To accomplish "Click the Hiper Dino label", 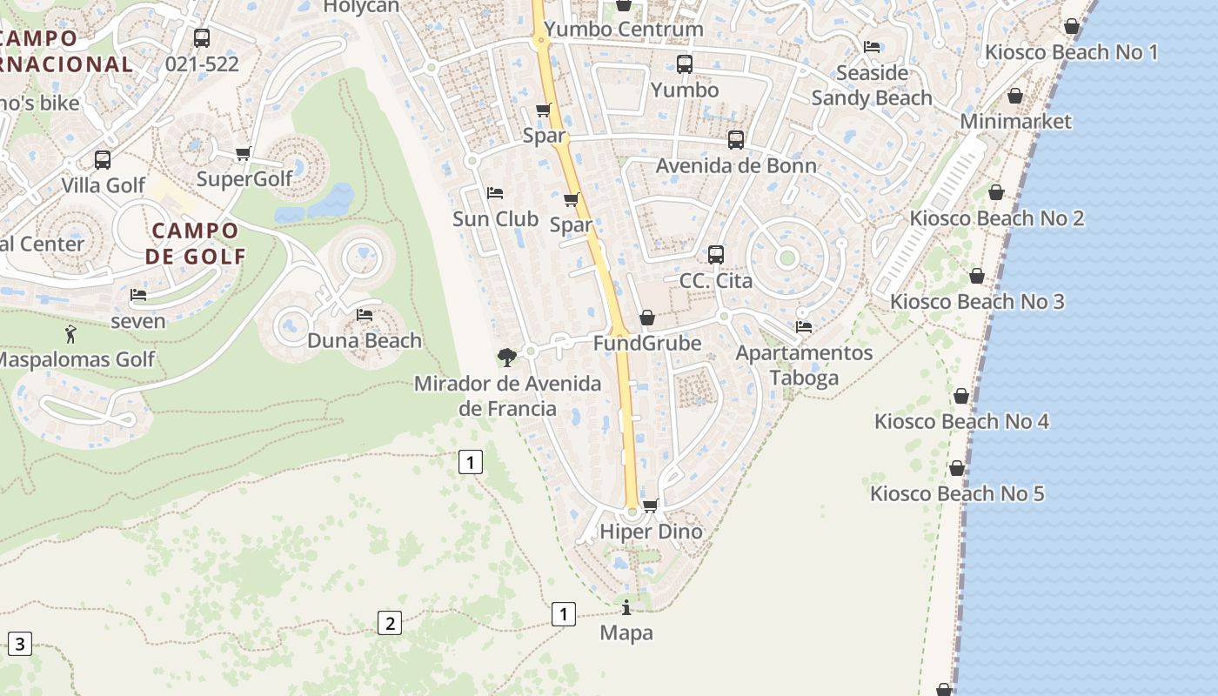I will click(x=651, y=532).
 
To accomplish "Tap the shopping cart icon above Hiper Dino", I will click(x=650, y=505).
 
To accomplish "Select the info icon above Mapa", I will click(x=626, y=607).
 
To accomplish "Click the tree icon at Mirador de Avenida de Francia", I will click(x=506, y=356).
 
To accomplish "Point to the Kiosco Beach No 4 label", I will click(x=961, y=422).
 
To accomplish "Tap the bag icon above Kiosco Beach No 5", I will click(x=957, y=469).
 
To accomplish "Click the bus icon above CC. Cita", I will click(x=715, y=254).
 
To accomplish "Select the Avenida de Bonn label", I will click(x=736, y=166).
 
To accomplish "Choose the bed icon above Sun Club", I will click(x=495, y=192).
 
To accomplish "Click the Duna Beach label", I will click(x=365, y=341).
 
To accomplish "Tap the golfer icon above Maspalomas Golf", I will click(x=70, y=333).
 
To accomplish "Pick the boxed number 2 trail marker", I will click(x=390, y=623).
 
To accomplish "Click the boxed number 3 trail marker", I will click(x=19, y=645).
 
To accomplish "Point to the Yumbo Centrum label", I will click(x=624, y=29).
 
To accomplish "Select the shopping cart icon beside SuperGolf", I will click(x=243, y=154).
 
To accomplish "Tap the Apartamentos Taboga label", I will click(x=804, y=365).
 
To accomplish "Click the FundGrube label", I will click(x=647, y=344).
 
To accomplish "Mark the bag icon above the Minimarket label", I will click(x=1014, y=96).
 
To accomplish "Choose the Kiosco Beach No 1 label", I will click(x=1071, y=52).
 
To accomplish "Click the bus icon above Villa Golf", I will click(x=103, y=160).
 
